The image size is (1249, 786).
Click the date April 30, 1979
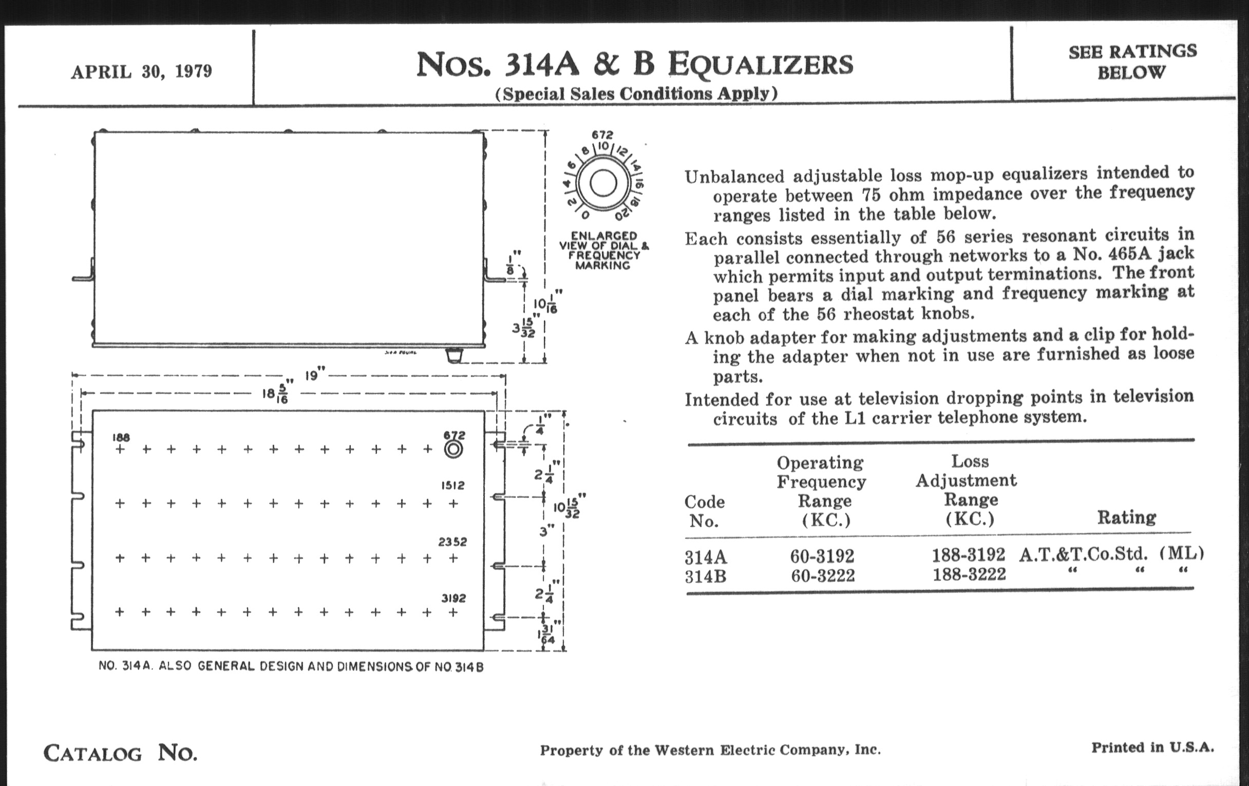(142, 71)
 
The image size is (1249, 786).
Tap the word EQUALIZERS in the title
(761, 65)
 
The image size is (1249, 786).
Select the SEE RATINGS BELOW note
(1132, 62)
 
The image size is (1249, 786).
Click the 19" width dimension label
(314, 374)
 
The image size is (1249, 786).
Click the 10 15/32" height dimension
(569, 506)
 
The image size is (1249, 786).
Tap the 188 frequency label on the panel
(120, 437)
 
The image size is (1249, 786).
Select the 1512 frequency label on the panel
(453, 485)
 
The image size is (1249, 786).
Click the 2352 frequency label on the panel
(452, 542)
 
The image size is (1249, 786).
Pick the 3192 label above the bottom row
(453, 598)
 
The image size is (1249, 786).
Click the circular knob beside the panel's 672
(453, 450)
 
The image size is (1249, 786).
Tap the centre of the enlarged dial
(603, 183)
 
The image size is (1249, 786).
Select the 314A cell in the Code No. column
(706, 558)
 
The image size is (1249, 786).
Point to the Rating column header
(1126, 517)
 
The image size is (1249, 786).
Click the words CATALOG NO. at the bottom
(120, 753)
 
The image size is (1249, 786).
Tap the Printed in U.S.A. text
(1152, 747)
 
